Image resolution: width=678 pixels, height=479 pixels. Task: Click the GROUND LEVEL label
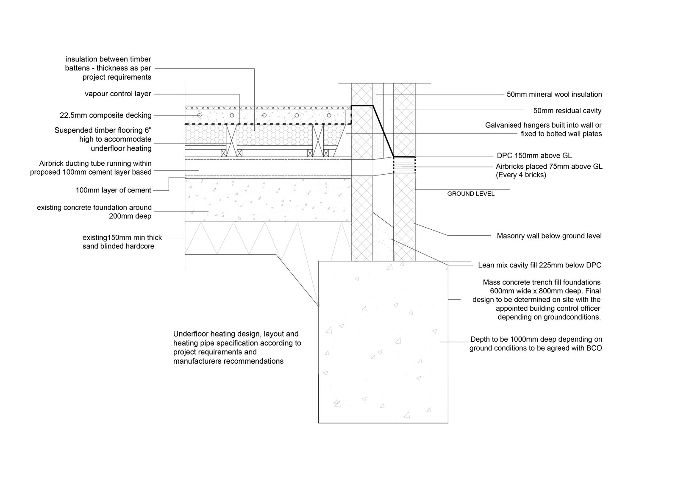(x=471, y=194)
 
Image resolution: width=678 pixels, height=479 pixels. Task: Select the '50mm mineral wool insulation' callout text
(x=554, y=95)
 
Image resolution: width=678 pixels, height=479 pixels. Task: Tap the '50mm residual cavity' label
(x=567, y=111)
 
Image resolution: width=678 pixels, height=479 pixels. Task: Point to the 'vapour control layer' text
(x=118, y=94)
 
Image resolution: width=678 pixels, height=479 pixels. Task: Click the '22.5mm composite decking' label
(x=106, y=115)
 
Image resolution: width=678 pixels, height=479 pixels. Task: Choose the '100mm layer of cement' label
(x=113, y=190)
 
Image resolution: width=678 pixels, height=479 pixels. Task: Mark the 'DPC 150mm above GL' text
(x=534, y=156)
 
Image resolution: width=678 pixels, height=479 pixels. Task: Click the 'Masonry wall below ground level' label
(x=549, y=236)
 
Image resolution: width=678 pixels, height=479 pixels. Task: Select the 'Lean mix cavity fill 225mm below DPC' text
(x=540, y=265)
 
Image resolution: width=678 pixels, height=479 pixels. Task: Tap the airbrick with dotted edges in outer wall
(x=404, y=165)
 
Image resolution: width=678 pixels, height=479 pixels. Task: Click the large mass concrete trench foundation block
(x=383, y=342)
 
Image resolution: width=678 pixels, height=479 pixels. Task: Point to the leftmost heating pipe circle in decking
(x=200, y=115)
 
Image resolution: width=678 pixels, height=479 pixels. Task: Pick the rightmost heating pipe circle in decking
(x=329, y=115)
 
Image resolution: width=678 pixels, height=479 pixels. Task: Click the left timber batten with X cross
(x=231, y=140)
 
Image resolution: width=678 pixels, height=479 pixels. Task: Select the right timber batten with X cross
(x=318, y=140)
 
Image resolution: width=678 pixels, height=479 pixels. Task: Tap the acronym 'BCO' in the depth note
(x=594, y=348)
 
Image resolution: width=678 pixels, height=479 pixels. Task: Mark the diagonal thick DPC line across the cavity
(x=383, y=131)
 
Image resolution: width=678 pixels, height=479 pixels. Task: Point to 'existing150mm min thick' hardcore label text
(x=122, y=238)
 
